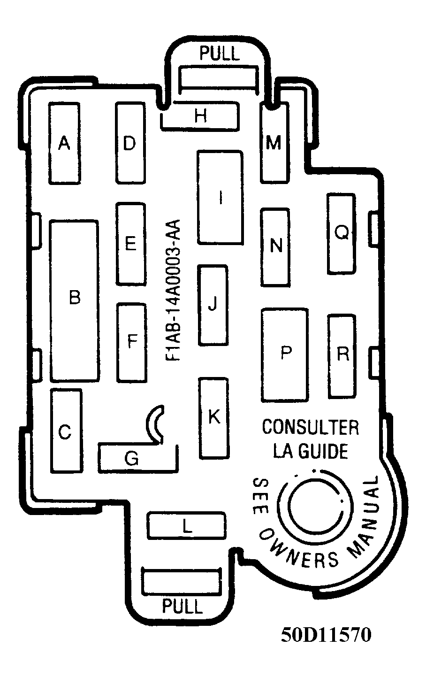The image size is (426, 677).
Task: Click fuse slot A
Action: (x=64, y=143)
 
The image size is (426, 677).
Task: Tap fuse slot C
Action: (x=67, y=431)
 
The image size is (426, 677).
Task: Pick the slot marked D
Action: (x=130, y=143)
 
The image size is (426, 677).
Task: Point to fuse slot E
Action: (x=131, y=244)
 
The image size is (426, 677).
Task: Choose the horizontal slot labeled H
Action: (x=200, y=116)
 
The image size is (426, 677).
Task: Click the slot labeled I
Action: (x=220, y=197)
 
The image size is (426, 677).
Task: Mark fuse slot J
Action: (x=213, y=305)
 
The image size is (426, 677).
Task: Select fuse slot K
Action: (x=213, y=418)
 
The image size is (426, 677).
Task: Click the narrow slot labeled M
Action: (x=274, y=143)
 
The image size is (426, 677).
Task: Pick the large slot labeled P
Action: (x=285, y=355)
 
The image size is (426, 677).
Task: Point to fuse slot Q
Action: (x=342, y=234)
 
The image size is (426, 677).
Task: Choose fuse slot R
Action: (x=342, y=356)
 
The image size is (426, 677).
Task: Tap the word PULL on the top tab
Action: (x=220, y=54)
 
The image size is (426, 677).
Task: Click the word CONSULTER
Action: (x=311, y=427)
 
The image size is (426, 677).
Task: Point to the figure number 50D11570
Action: (x=326, y=635)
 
